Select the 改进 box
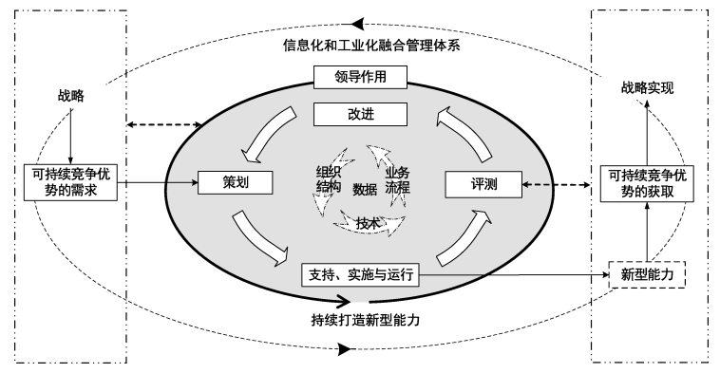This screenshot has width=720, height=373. point(360,114)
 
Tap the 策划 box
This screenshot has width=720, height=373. point(228,181)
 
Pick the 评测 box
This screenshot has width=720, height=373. point(485,181)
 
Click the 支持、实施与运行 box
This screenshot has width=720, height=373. point(359,274)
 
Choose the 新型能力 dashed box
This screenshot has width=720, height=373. point(646,274)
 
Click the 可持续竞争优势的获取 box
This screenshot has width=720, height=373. point(645,181)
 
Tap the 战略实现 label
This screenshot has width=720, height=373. point(646,87)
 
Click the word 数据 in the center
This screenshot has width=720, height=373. point(365,189)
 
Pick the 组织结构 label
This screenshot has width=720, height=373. point(329,179)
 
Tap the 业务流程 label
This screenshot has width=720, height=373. point(397,179)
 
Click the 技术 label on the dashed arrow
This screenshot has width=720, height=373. point(369,224)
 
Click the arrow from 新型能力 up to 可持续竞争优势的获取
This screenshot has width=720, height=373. point(646,232)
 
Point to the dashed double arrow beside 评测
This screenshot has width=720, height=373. point(560,183)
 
